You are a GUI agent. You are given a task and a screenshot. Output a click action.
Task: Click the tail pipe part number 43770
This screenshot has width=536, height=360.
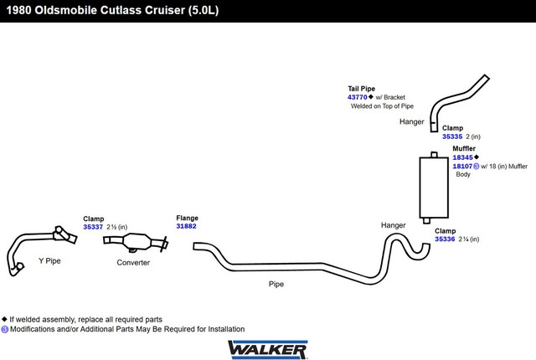358,97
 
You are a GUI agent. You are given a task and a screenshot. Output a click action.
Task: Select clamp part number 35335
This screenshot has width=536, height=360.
452,136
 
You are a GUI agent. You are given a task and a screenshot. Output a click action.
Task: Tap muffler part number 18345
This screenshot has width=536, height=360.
462,157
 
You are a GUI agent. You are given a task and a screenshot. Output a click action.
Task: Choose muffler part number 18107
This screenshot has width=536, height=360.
462,167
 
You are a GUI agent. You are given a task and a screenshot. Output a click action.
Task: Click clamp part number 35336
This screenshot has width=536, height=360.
445,239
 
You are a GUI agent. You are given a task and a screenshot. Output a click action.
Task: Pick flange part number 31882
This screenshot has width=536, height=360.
186,226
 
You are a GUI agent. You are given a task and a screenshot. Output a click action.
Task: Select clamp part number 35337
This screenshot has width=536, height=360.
93,227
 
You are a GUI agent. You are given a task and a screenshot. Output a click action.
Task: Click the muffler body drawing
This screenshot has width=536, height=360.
434,188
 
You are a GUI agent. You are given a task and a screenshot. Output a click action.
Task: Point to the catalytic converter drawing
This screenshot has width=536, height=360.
136,243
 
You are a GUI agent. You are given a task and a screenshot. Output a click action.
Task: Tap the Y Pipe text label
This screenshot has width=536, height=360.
49,261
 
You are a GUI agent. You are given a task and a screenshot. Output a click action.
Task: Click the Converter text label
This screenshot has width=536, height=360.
133,263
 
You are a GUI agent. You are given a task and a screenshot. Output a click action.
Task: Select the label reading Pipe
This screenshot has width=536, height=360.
276,284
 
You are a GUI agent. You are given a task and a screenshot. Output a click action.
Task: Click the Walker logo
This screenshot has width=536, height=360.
268,349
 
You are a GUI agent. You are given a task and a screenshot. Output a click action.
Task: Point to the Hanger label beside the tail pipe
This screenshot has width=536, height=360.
411,122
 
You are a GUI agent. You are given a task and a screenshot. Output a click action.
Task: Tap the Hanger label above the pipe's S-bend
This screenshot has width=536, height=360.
393,225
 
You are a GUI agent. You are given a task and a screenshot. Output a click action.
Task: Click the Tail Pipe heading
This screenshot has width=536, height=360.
361,89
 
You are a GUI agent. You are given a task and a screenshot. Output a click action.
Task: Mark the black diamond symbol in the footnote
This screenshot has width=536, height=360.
4,319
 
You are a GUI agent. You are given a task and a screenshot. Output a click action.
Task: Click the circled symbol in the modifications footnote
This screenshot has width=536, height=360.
4,329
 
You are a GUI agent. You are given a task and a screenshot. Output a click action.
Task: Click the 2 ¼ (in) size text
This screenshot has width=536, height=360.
469,239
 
